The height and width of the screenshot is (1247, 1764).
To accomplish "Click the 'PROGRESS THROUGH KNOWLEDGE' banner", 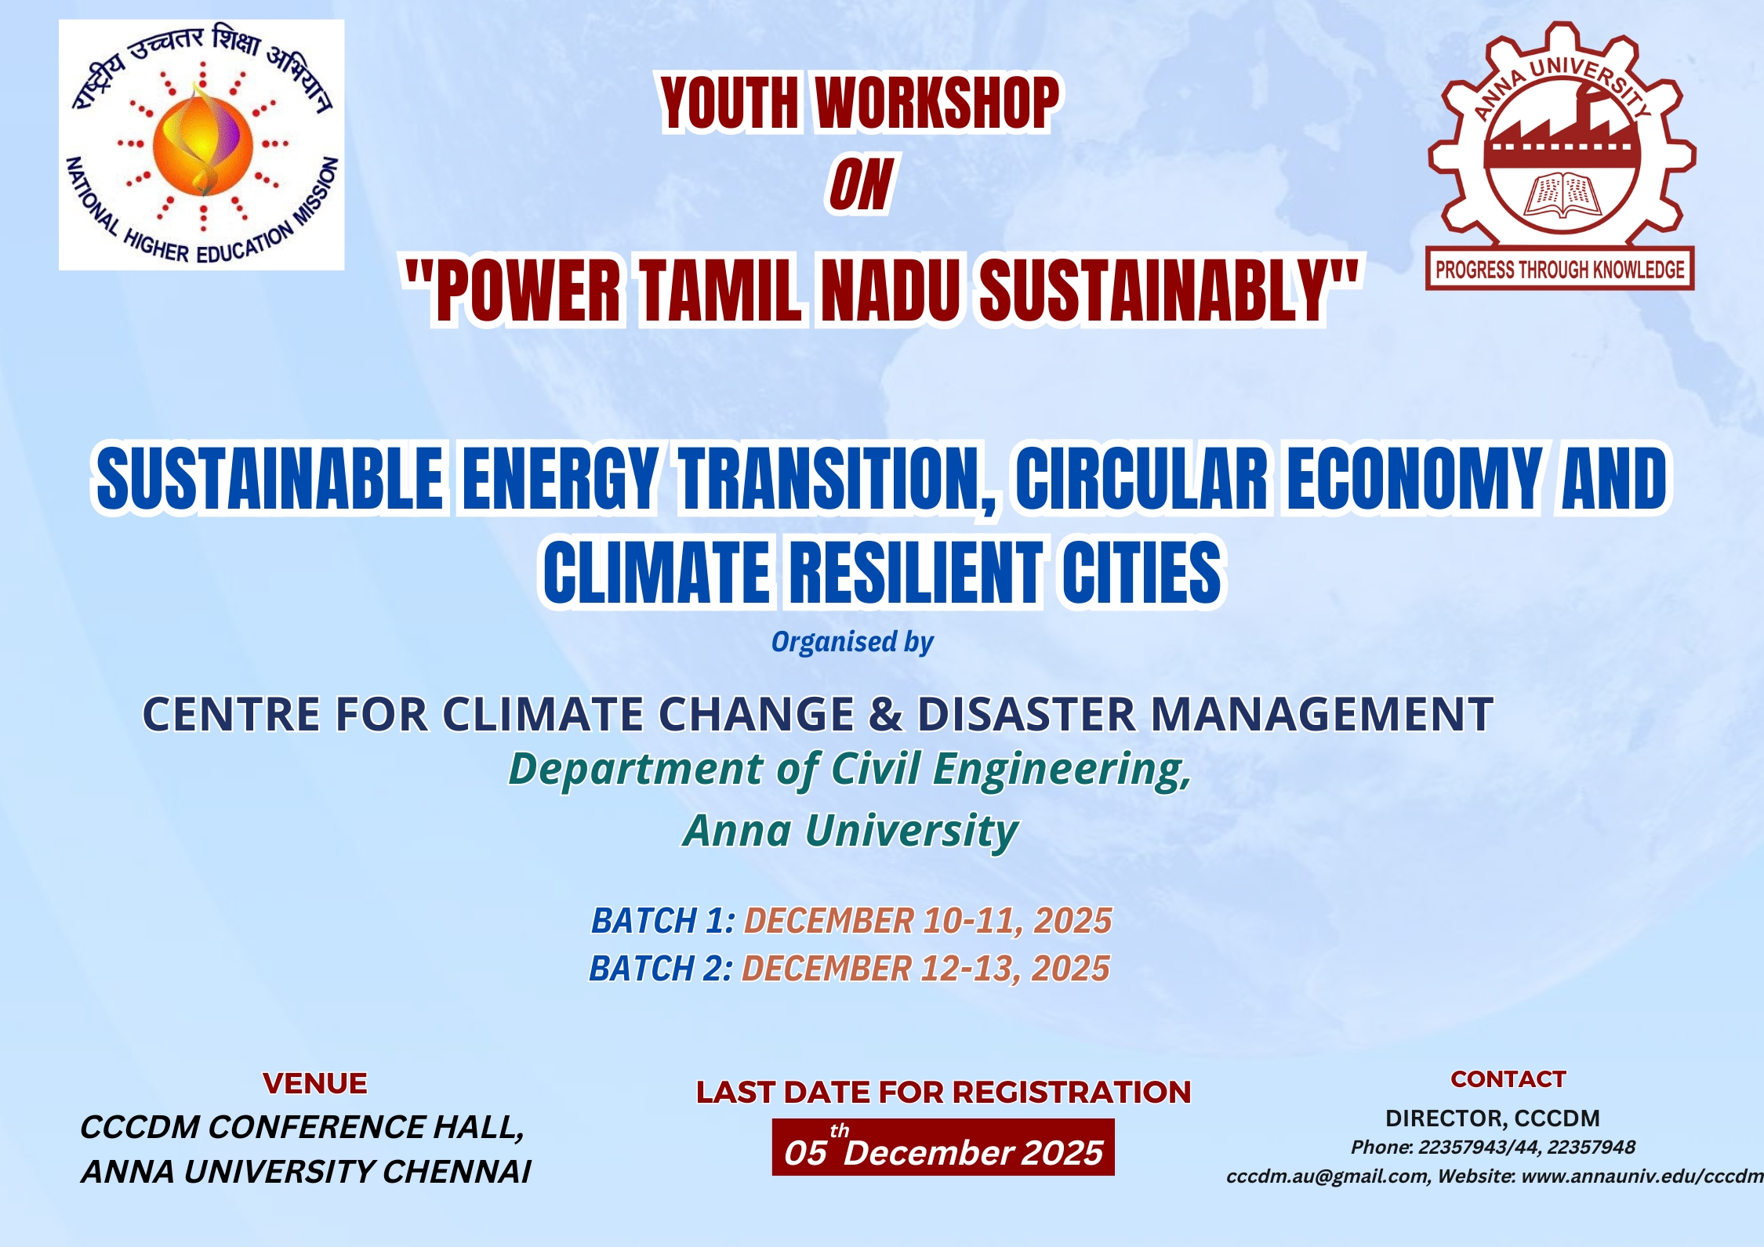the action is click(1559, 270).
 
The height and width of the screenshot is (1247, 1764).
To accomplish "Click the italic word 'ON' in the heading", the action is click(861, 185).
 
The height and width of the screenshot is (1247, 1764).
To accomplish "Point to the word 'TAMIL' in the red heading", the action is click(720, 289).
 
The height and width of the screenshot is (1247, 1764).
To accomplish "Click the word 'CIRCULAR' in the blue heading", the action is click(1142, 477).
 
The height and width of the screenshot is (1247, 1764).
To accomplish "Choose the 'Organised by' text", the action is click(852, 642).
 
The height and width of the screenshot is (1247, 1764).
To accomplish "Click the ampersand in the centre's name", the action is click(886, 714).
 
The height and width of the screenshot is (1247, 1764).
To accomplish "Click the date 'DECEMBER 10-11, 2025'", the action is click(927, 920).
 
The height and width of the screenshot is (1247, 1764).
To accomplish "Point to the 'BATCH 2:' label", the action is click(661, 968).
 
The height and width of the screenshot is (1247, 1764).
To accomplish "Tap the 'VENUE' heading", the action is click(315, 1083).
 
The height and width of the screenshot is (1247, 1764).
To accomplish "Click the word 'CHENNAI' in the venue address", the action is click(456, 1172).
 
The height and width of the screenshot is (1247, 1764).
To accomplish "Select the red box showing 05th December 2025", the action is click(943, 1147).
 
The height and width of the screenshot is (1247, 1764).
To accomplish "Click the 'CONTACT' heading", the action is click(1508, 1079).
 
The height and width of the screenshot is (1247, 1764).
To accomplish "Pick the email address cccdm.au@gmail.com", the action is click(1328, 1176).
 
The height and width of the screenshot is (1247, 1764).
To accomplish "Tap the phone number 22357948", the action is click(1592, 1147).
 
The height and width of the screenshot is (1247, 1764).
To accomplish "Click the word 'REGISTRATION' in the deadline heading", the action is click(1072, 1092).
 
